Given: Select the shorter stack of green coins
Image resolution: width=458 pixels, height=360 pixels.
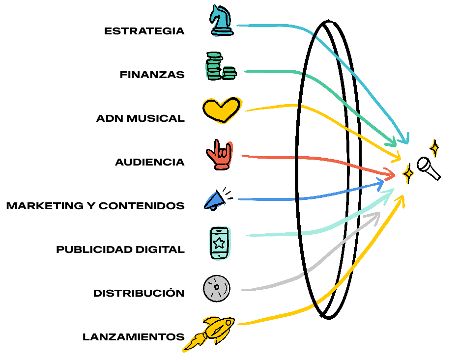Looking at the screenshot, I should coord(229,72).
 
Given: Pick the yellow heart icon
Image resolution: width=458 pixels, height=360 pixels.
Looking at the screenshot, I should coord(222,109).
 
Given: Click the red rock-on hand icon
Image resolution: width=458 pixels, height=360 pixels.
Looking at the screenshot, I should coord(222,154).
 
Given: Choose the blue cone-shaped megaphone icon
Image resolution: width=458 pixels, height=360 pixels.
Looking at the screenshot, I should coord(215,200).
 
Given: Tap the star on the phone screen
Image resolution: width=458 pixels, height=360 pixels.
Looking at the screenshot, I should coord(219,242).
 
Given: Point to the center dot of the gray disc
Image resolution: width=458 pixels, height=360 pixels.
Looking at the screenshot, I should coord(216,287).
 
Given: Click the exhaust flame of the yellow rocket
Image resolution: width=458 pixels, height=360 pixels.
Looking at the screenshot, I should coord(192,344).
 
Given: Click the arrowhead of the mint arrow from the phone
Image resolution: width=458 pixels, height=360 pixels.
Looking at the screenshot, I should coord(391,192).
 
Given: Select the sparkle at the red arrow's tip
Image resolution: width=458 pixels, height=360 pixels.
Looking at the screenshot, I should coord(408,174).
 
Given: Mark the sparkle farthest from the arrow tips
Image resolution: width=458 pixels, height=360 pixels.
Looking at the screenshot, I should coord(434,148).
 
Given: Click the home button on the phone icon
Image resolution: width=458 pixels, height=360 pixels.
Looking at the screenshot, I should coord(219,255).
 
